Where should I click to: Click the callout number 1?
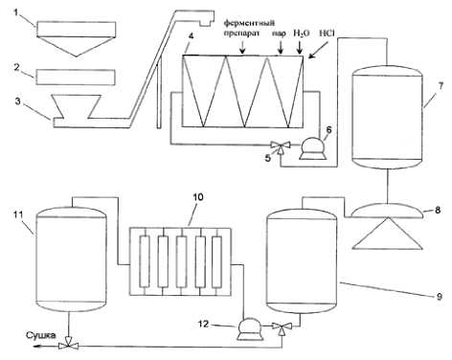pos(16,12)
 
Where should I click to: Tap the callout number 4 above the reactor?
pos(191,35)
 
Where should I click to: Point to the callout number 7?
pos(441,86)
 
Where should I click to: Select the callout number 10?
pos(198,197)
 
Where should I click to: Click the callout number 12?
pos(203,324)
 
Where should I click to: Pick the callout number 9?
pos(440,297)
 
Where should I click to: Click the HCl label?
pos(327,33)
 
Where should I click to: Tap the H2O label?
pos(302,34)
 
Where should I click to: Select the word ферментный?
pos(249,23)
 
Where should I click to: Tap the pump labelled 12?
pos(249,328)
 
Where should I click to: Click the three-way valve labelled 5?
pos(281,146)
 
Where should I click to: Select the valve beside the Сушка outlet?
pos(68,345)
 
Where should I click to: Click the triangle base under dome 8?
pos(387,234)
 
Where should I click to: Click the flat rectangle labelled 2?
pos(76,78)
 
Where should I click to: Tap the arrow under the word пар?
pos(281,49)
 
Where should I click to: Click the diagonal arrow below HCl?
pos(318,50)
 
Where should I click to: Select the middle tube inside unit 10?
pos(181,261)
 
